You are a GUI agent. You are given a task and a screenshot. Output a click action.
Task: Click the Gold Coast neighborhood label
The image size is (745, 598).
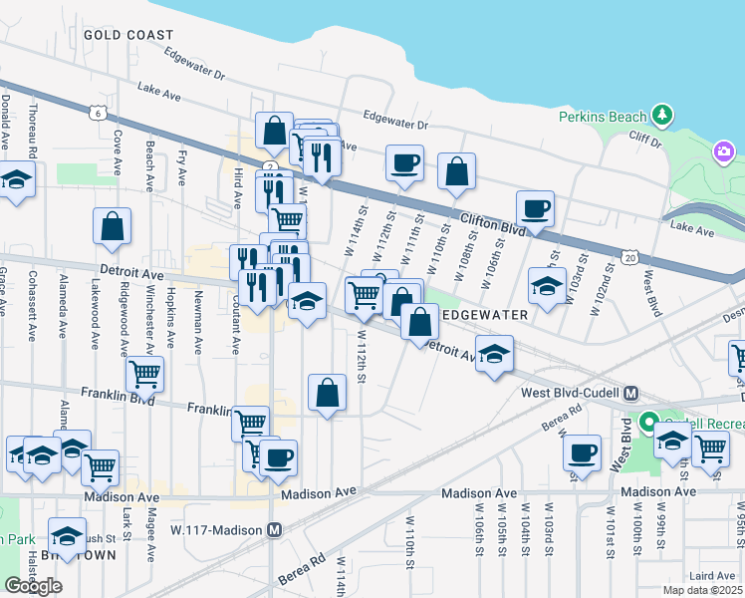click(x=128, y=34)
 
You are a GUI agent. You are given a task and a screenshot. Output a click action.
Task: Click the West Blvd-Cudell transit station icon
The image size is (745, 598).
click(x=630, y=393)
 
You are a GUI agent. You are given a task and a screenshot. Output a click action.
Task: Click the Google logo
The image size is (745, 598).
click(x=33, y=586)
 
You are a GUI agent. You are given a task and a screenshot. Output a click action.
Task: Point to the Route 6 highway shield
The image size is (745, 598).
click(x=97, y=114)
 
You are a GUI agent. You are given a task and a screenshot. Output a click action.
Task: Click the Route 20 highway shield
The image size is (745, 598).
click(x=630, y=257)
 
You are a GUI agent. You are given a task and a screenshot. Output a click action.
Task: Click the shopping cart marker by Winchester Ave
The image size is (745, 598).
click(x=145, y=375)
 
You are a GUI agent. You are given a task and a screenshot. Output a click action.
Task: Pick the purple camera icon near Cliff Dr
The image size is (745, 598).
click(x=723, y=152)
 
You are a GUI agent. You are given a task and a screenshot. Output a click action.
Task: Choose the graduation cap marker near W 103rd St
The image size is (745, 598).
click(x=547, y=285)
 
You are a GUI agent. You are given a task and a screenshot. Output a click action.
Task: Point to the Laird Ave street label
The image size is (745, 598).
click(x=711, y=575)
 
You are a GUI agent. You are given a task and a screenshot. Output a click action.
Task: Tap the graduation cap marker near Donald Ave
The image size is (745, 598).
click(x=16, y=180)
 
